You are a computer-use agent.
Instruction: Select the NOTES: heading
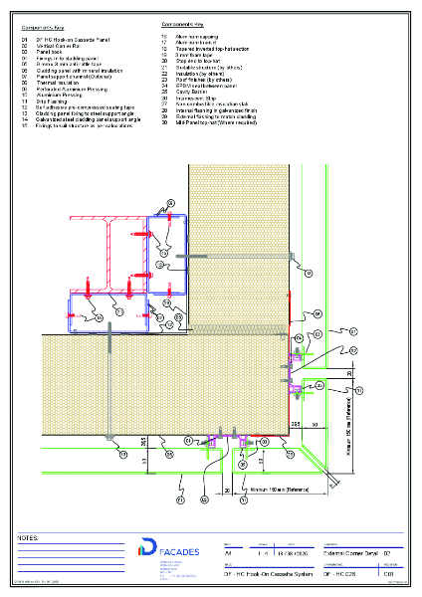(x=30, y=537)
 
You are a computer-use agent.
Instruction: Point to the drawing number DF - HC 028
(x=333, y=572)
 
